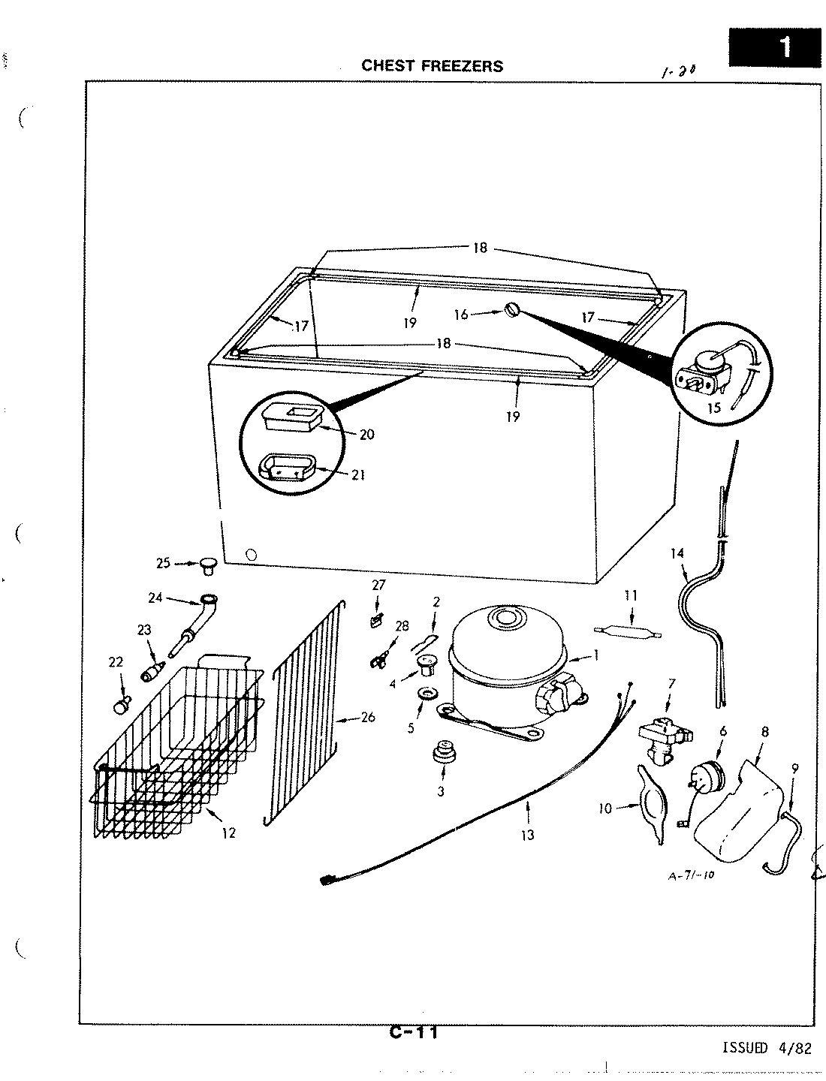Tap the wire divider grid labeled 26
[x=304, y=713]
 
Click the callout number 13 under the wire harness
[x=528, y=834]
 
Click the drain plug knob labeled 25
[x=208, y=564]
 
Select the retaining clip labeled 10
[x=650, y=803]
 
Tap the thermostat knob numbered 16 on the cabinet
[x=512, y=309]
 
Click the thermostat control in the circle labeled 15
[x=710, y=369]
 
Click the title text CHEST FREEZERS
[x=433, y=65]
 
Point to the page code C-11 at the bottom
[x=414, y=1033]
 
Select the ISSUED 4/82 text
[x=766, y=1049]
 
